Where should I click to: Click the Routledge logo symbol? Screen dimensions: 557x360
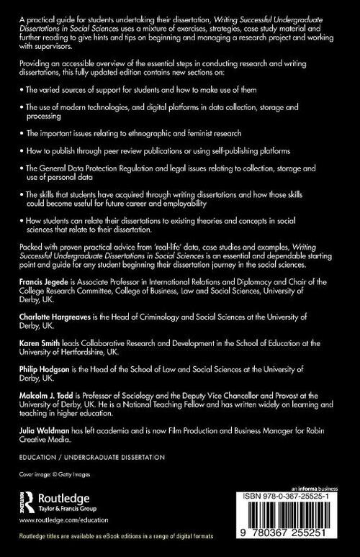(x=28, y=498)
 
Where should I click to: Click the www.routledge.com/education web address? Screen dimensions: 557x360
(x=62, y=518)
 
